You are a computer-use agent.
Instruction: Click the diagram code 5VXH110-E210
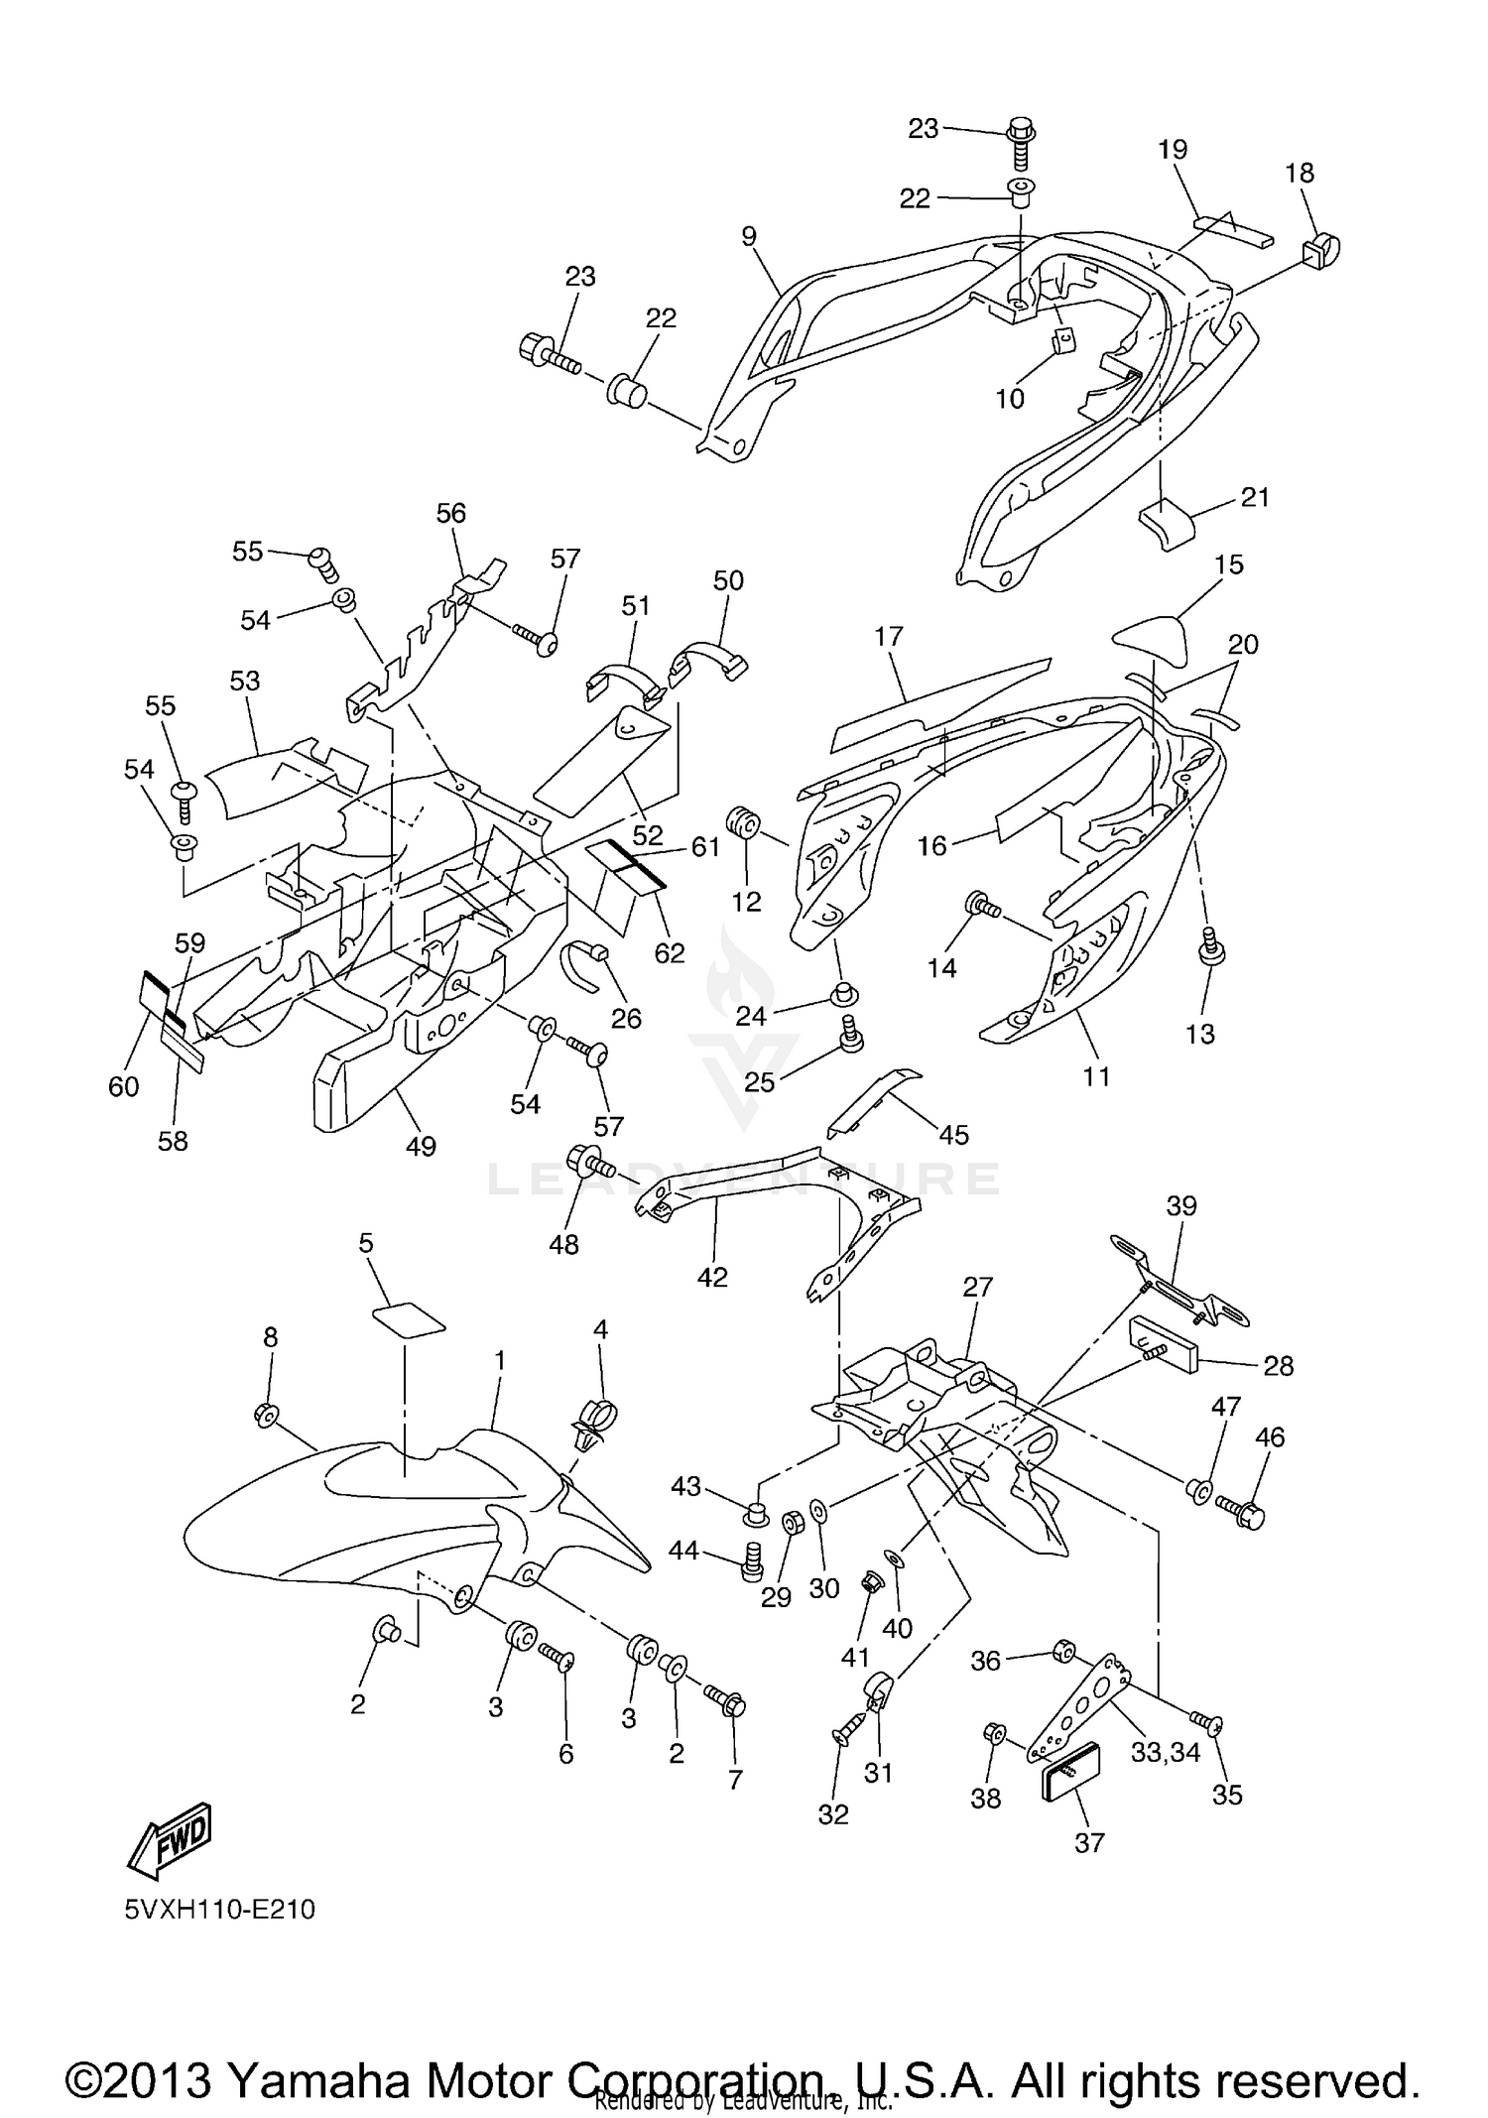(x=219, y=1909)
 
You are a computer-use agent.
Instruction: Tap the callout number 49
(x=421, y=1147)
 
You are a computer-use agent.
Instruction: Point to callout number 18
(x=1299, y=173)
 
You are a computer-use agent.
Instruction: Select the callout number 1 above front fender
(x=500, y=1360)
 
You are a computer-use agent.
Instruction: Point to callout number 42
(x=712, y=1277)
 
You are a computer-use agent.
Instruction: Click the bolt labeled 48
(x=588, y=1159)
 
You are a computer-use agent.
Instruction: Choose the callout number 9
(x=749, y=236)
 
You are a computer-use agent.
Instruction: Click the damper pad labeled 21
(x=1167, y=523)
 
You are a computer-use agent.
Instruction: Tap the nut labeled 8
(x=266, y=1416)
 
